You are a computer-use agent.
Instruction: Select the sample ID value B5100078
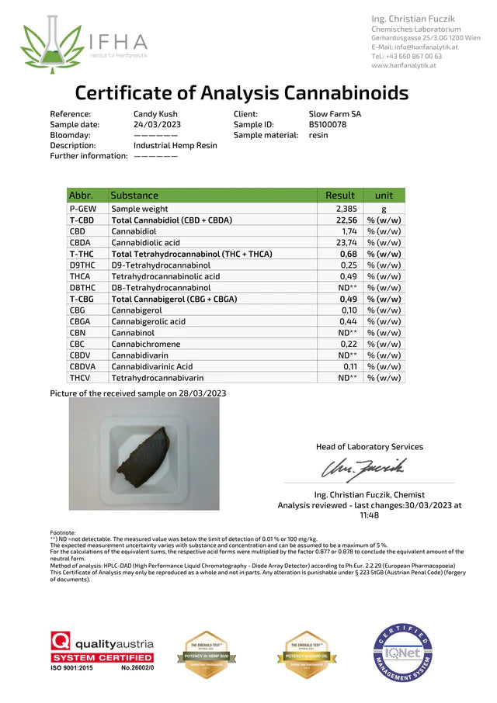pos(328,124)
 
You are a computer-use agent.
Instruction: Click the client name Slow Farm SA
pos(335,113)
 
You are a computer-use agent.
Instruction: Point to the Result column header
pos(340,196)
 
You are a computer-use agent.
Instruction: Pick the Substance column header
pos(134,196)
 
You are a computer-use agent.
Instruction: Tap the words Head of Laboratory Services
pos(370,447)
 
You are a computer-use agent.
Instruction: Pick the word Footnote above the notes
pos(63,533)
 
